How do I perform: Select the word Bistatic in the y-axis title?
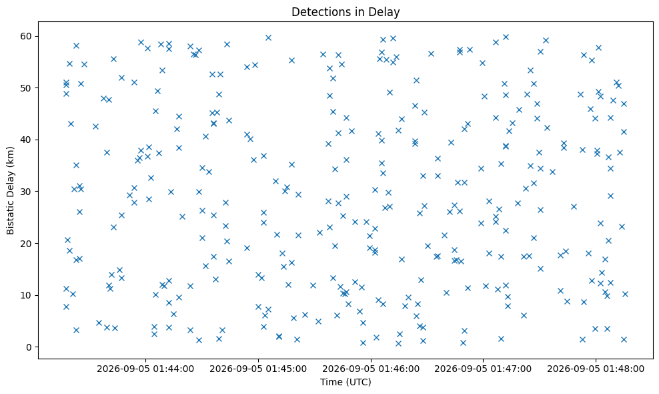pos(10,215)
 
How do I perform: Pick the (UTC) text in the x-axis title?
pos(358,382)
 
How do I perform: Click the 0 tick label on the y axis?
pos(29,347)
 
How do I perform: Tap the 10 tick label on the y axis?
pos(27,295)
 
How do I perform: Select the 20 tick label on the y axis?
pos(27,244)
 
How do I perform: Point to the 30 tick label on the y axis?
pos(27,192)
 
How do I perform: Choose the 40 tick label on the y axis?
pos(27,140)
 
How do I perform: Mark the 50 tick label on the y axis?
pos(27,88)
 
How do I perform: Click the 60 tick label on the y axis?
pos(27,36)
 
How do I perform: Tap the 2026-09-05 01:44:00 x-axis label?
pos(145,369)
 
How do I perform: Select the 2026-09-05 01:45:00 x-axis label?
pos(258,369)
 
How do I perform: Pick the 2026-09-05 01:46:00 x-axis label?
pos(371,369)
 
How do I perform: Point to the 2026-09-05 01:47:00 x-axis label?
pos(483,369)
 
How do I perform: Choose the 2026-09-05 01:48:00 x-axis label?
pos(596,369)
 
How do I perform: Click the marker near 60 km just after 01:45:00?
pos(268,38)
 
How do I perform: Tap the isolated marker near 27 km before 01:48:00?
pos(574,206)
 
